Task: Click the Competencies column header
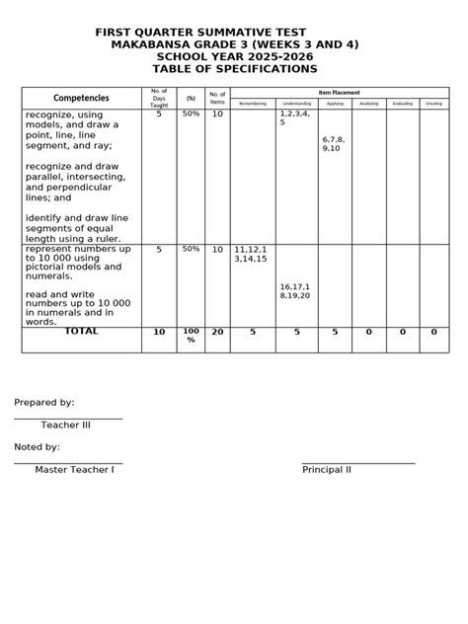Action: pos(82,98)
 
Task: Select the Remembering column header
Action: pos(253,103)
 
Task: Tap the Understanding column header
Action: pos(296,103)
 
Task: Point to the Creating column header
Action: pos(433,103)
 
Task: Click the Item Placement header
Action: pos(340,92)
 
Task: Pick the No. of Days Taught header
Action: pos(159,98)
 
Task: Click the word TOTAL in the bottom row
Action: pos(82,332)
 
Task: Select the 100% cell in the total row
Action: pos(191,336)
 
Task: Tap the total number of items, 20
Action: pos(217,332)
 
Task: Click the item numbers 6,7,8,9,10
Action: pos(333,143)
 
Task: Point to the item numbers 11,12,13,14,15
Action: pos(251,254)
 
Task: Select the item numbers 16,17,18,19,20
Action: pos(295,290)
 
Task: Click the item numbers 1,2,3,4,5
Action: pos(294,118)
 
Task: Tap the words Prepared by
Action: pos(43,403)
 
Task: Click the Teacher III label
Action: pos(65,426)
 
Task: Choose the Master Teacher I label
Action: pos(74,470)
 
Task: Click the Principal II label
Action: pos(327,470)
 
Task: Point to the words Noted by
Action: pos(38,447)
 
